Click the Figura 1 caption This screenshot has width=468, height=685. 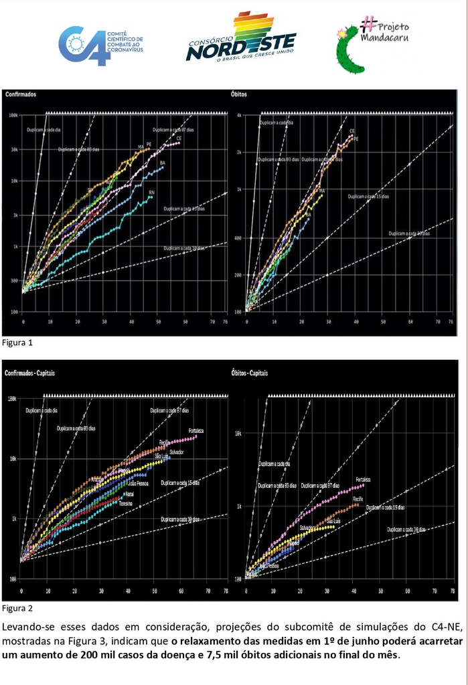[17, 342]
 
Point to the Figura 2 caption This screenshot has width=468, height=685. [17, 608]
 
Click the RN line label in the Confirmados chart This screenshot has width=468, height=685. [152, 193]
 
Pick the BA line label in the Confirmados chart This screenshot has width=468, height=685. [163, 163]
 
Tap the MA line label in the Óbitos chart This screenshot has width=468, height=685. [322, 191]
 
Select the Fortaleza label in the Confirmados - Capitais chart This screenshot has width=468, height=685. [196, 429]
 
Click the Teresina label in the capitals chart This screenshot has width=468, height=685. [125, 503]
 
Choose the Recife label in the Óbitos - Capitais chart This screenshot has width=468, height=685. [358, 498]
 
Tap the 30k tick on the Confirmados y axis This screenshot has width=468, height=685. [13, 150]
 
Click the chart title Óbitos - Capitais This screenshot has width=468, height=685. [249, 373]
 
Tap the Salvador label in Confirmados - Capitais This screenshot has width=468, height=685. [176, 453]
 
